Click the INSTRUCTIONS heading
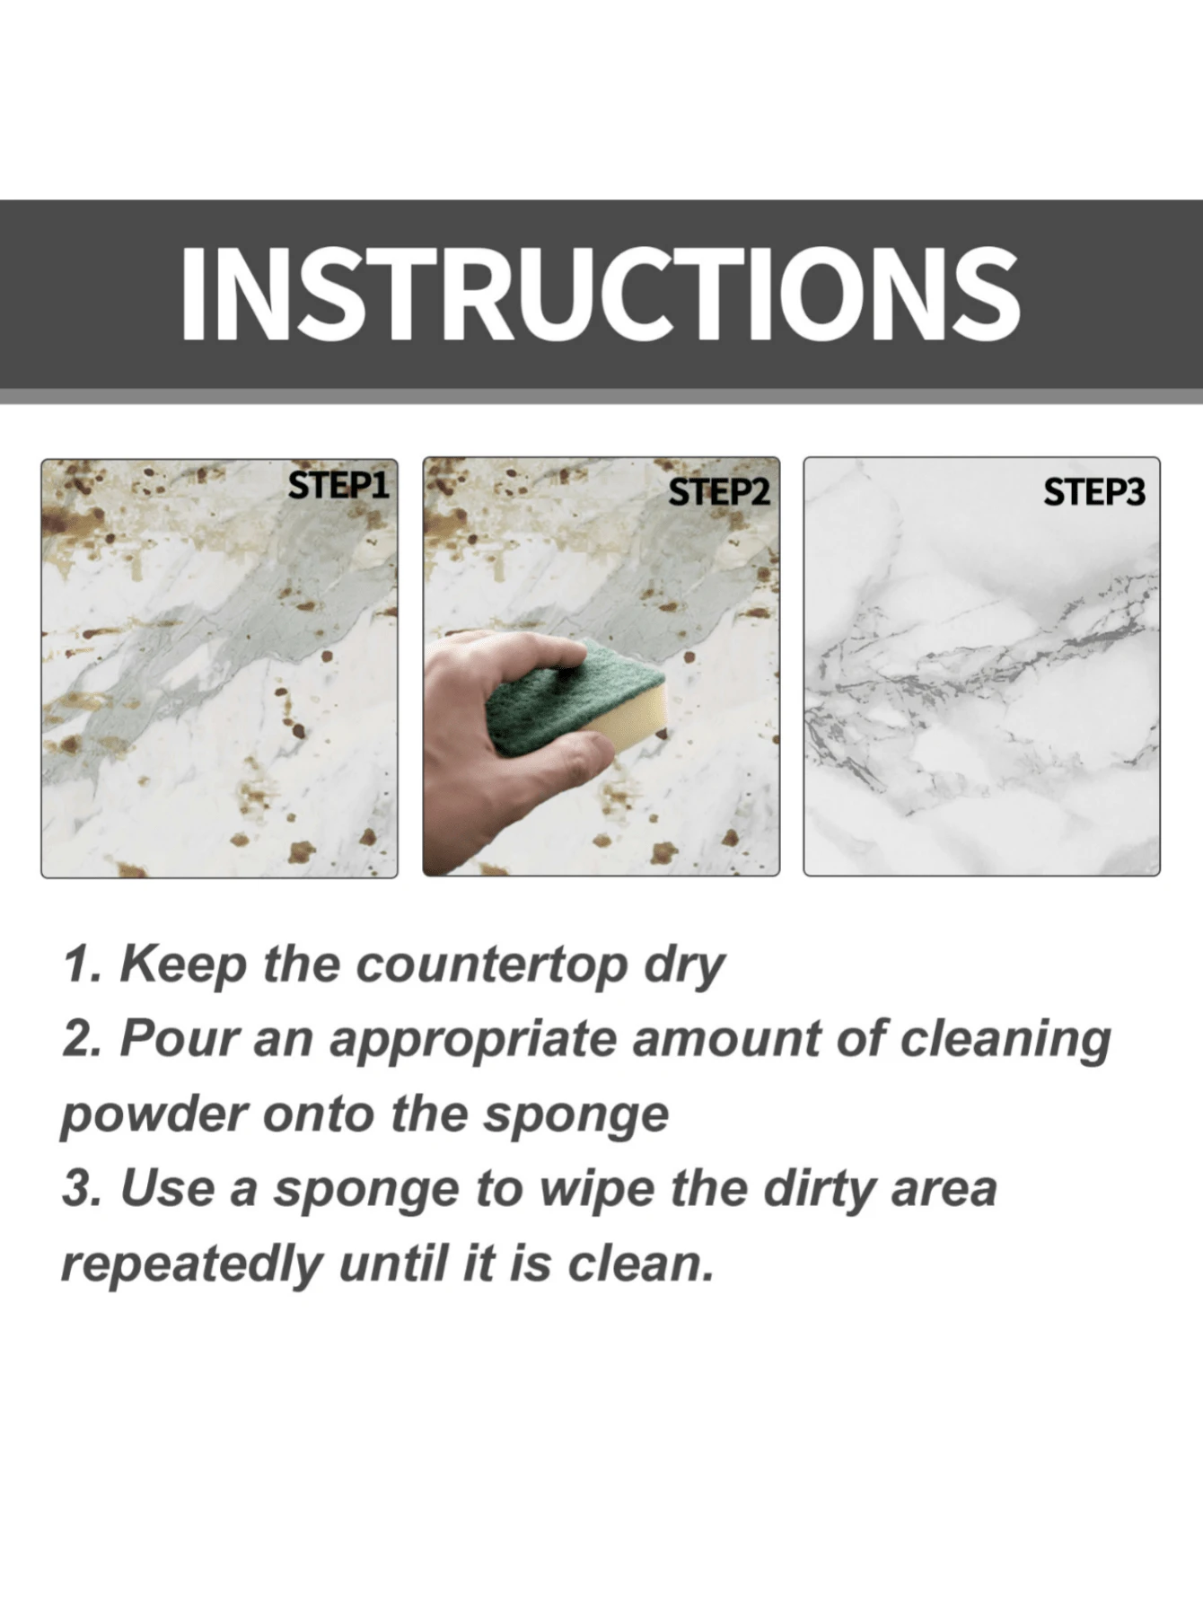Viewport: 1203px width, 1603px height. click(x=600, y=295)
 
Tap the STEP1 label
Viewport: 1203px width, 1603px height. click(x=338, y=486)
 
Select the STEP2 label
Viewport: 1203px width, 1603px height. click(x=720, y=492)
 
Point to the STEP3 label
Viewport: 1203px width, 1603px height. click(x=1093, y=492)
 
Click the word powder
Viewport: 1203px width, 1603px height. click(x=153, y=1115)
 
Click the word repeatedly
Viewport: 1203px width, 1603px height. click(x=191, y=1265)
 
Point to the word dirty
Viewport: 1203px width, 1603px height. click(x=821, y=1190)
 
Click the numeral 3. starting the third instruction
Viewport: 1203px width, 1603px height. click(x=83, y=1189)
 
